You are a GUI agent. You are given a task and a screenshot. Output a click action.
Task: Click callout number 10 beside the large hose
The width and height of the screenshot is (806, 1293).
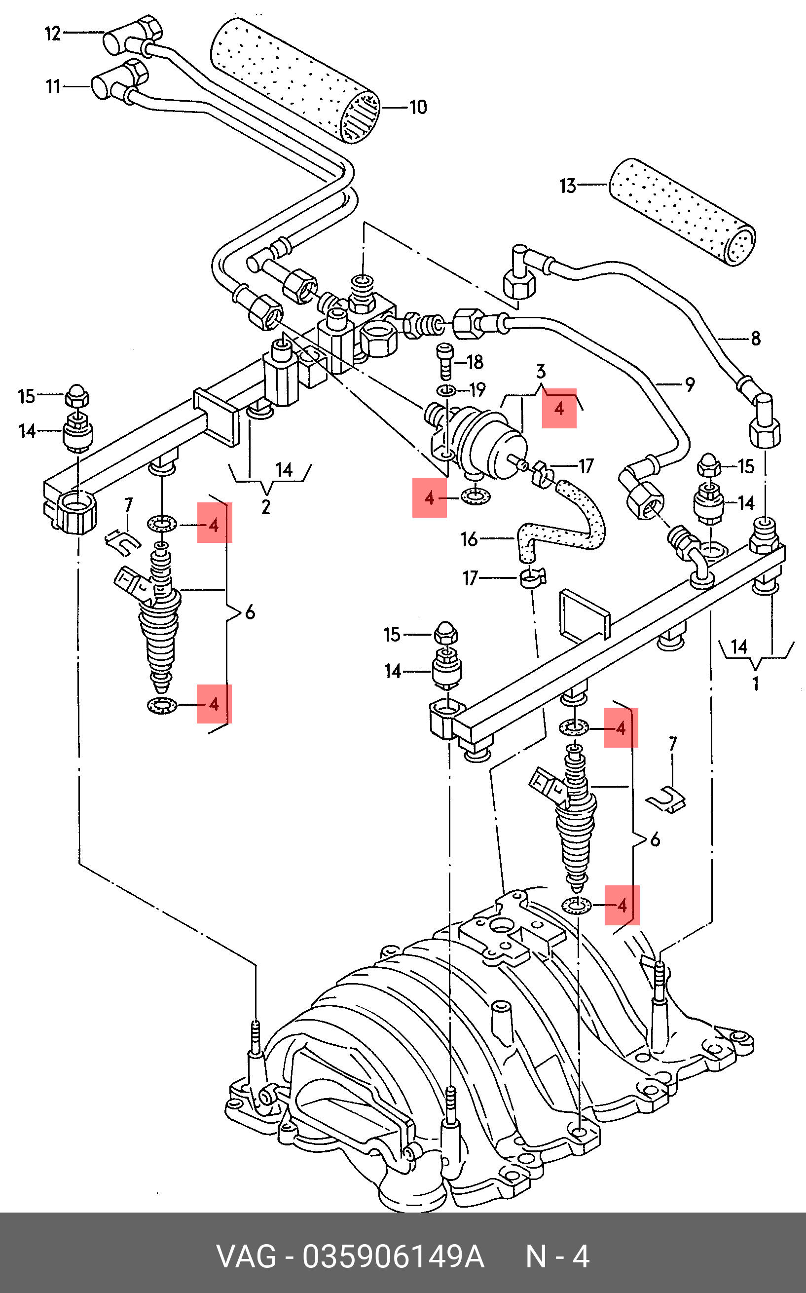tap(418, 107)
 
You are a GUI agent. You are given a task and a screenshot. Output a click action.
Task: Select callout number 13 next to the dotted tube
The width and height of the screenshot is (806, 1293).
tap(568, 186)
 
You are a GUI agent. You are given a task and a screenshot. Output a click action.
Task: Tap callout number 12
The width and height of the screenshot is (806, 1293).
tap(53, 34)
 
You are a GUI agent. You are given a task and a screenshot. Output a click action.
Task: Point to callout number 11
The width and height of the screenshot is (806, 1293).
tap(53, 86)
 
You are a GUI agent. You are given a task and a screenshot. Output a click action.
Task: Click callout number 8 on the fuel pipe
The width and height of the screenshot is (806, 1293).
tap(755, 338)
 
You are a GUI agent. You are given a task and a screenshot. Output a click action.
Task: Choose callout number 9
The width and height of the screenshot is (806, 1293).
tap(690, 384)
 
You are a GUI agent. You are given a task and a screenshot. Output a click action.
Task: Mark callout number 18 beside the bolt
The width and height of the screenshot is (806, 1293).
tap(475, 362)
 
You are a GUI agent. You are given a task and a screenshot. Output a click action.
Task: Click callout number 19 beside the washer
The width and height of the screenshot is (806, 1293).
tap(477, 390)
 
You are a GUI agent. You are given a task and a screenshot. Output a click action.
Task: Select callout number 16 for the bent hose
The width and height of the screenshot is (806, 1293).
tap(469, 539)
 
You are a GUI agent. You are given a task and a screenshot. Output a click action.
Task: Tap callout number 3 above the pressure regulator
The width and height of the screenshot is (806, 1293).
tap(541, 371)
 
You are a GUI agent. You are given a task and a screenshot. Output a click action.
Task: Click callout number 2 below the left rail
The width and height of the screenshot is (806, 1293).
tap(265, 506)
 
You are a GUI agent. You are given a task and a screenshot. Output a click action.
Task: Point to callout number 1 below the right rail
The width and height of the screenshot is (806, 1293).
tap(755, 683)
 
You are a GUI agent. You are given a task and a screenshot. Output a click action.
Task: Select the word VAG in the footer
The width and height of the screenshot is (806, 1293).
tap(246, 1257)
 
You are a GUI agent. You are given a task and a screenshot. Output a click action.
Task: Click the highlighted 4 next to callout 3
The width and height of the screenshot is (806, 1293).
tap(559, 409)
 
